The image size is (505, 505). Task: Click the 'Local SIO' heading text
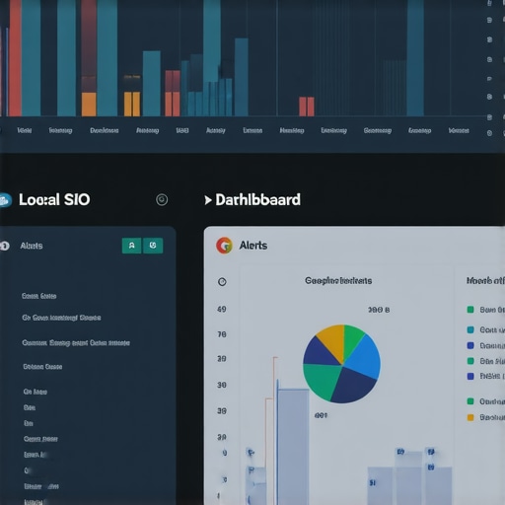(54, 199)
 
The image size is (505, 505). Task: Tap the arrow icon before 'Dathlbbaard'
(207, 200)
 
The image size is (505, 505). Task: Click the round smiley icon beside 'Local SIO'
(162, 199)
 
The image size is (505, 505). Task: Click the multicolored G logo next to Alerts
(224, 246)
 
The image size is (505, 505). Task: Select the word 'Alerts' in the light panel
(253, 246)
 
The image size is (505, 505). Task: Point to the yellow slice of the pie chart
(330, 341)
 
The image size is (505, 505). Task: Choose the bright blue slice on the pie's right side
(364, 356)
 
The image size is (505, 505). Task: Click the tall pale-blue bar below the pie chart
(293, 444)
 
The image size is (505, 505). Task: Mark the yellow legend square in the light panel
(470, 417)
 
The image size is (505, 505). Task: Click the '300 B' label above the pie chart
(379, 310)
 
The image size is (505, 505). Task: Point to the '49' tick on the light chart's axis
(222, 310)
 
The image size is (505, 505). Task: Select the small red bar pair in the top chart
(306, 107)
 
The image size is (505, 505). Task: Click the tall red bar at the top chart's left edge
(15, 59)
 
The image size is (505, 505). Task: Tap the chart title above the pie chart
(338, 281)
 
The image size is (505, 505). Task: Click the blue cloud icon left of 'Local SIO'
(5, 200)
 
